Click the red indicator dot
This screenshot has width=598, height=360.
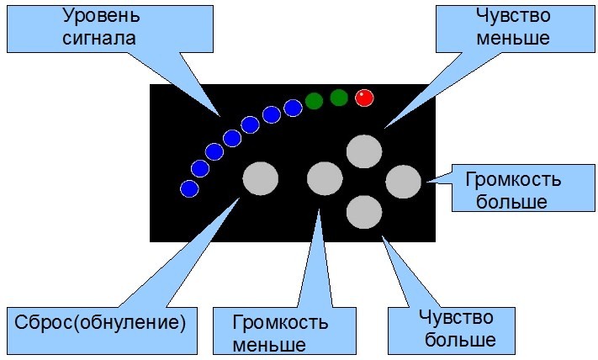coord(364,98)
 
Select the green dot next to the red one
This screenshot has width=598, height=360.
coord(339,98)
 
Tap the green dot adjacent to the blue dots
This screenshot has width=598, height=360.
coord(314,101)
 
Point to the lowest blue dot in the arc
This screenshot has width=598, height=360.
coord(190,188)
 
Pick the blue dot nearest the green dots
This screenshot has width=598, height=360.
coord(293,108)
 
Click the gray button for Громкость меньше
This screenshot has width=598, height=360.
coord(325,178)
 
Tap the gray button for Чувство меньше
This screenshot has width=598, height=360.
coord(364,151)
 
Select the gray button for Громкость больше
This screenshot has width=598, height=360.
coord(403,182)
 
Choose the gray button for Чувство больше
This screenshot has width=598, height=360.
coord(364,211)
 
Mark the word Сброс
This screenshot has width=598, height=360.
coord(45,322)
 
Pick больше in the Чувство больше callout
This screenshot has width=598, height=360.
coord(459,341)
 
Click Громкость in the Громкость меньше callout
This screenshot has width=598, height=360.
coord(281,322)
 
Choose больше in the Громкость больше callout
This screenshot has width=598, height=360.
coord(511,202)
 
